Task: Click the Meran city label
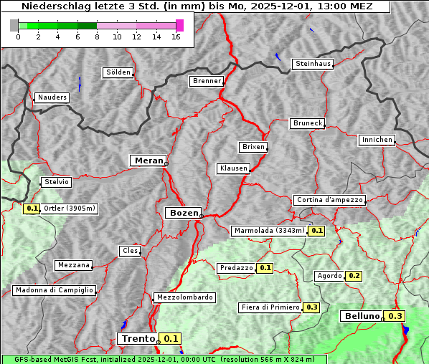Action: pos(148,161)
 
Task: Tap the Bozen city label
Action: pos(183,213)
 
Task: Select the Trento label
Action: pos(138,339)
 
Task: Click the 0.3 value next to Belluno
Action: pos(395,316)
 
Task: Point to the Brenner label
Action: pos(207,81)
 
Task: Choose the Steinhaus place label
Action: pos(313,64)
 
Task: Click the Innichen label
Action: pos(377,140)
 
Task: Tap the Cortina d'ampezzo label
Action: pos(329,200)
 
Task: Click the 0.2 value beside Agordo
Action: pos(354,276)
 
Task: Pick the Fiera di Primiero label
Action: pos(270,307)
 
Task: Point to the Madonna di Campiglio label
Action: pos(54,290)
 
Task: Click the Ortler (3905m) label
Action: pos(69,209)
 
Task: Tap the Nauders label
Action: pos(52,97)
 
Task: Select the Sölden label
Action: pos(118,72)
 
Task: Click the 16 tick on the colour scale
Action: pos(176,37)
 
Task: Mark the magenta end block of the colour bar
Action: pos(179,25)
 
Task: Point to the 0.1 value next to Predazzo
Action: pos(265,268)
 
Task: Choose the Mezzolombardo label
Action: pos(184,297)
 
